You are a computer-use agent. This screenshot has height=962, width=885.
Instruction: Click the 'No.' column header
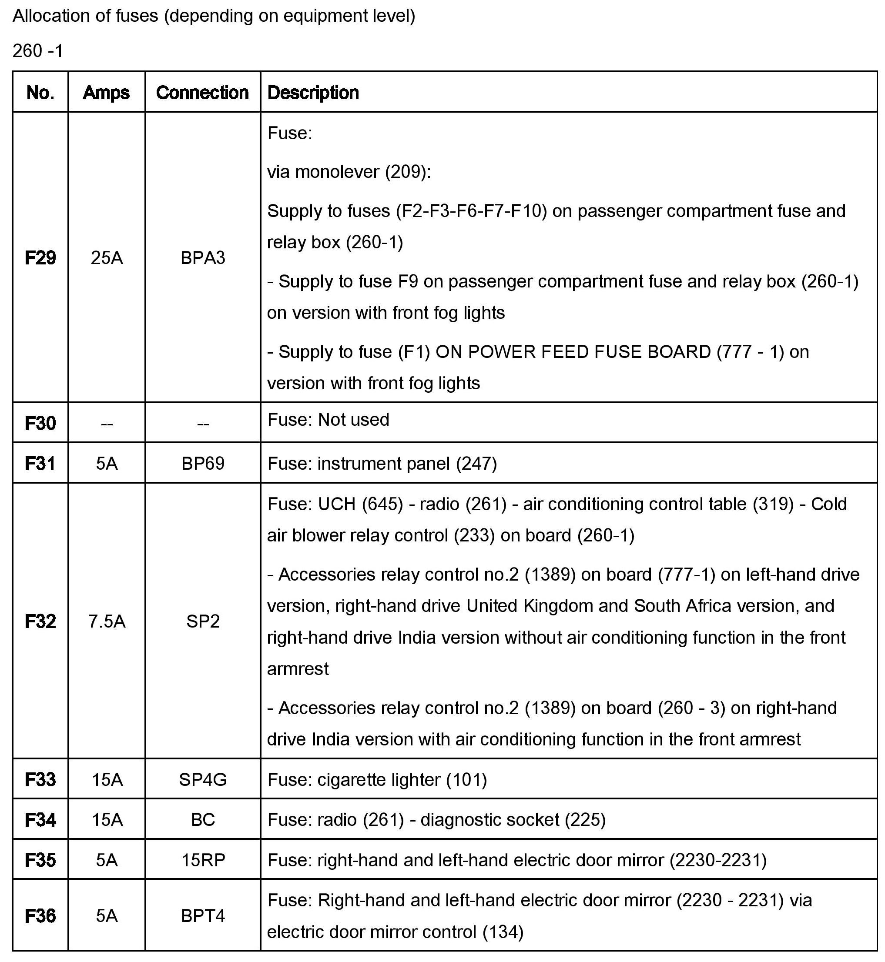click(x=40, y=92)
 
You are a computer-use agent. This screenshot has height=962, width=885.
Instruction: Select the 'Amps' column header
click(x=106, y=92)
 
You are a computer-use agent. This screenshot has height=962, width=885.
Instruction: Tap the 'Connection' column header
click(x=203, y=92)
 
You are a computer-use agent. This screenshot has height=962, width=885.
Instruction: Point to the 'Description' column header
click(x=313, y=92)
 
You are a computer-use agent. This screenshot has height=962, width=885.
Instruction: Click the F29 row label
click(x=40, y=258)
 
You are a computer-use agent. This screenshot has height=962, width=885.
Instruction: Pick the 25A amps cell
click(x=107, y=258)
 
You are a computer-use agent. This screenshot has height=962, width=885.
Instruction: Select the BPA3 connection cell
click(x=203, y=258)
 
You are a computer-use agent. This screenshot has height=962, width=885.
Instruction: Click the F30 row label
click(x=40, y=423)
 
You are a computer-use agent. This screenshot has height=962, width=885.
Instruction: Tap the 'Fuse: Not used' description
click(x=329, y=420)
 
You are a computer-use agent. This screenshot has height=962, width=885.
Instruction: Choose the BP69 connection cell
click(x=203, y=463)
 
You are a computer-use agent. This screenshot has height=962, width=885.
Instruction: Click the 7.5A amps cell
click(x=107, y=621)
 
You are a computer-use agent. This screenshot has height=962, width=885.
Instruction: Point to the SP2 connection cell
click(x=203, y=621)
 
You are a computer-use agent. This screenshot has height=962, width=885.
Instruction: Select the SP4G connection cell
click(x=203, y=780)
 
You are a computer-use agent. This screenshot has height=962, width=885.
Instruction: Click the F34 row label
click(x=40, y=820)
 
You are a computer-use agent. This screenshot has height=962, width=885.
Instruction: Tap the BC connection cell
click(x=203, y=820)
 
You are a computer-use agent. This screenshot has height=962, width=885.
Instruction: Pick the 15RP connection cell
click(x=203, y=860)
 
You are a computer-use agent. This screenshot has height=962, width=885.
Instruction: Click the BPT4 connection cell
click(x=203, y=915)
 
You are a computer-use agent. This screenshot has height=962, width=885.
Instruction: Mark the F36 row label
click(x=40, y=915)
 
